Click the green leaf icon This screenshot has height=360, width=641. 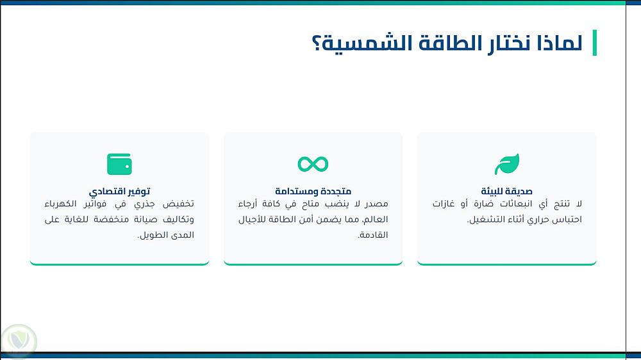click(x=507, y=164)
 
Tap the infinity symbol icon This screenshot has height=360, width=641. click(x=313, y=164)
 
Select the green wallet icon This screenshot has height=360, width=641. click(x=119, y=164)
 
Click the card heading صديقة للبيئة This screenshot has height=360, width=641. click(x=506, y=192)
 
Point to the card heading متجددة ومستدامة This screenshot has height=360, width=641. click(x=313, y=192)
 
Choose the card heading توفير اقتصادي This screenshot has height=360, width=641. click(x=119, y=192)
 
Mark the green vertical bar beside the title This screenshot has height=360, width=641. click(x=594, y=42)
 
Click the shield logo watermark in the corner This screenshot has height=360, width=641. click(x=19, y=341)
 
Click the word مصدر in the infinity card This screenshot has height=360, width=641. click(x=377, y=204)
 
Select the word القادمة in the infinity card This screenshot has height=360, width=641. click(x=373, y=235)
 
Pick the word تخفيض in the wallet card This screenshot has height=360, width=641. click(x=178, y=204)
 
